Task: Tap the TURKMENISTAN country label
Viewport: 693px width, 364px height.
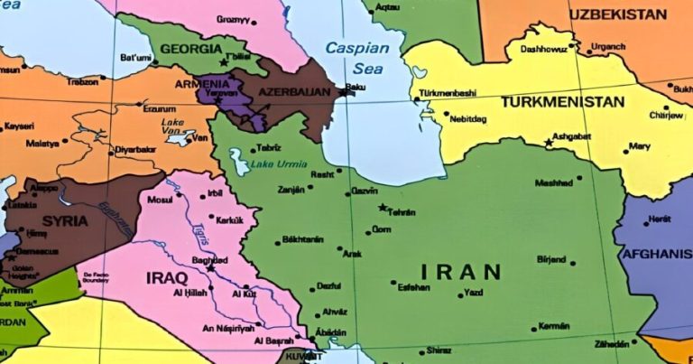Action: (551, 101)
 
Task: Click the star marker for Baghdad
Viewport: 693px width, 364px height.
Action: (210, 267)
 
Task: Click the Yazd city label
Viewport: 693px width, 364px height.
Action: (473, 293)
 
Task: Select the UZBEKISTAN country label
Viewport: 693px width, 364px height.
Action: (618, 14)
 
